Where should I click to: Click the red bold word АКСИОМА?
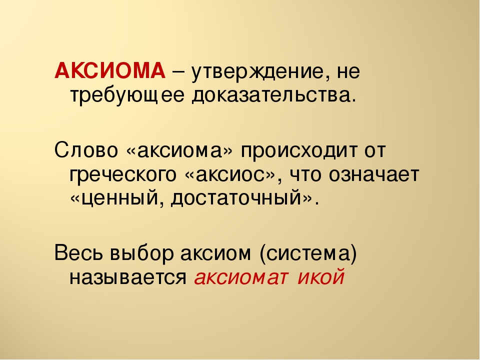pos(110,70)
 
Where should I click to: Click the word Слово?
pos(86,150)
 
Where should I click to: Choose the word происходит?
pos(299,152)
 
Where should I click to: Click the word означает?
pos(374,175)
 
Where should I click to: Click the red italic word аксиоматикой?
pos(269,277)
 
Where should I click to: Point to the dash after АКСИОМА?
pos(178,73)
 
